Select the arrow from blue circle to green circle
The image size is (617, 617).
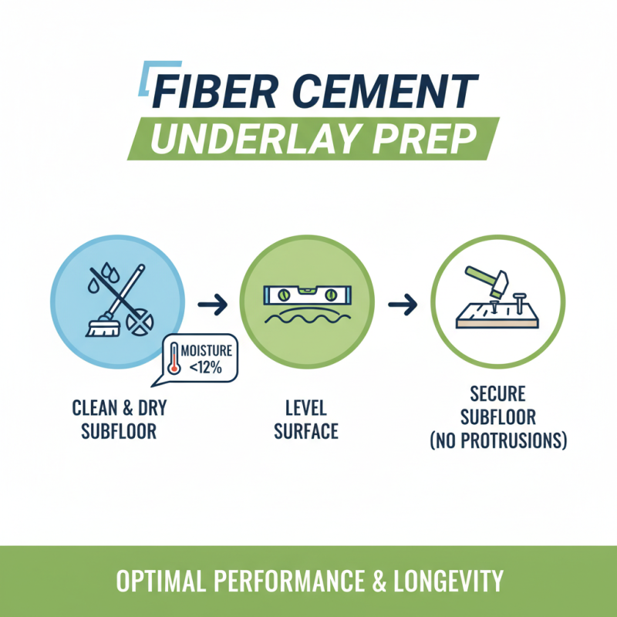click(x=211, y=305)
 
